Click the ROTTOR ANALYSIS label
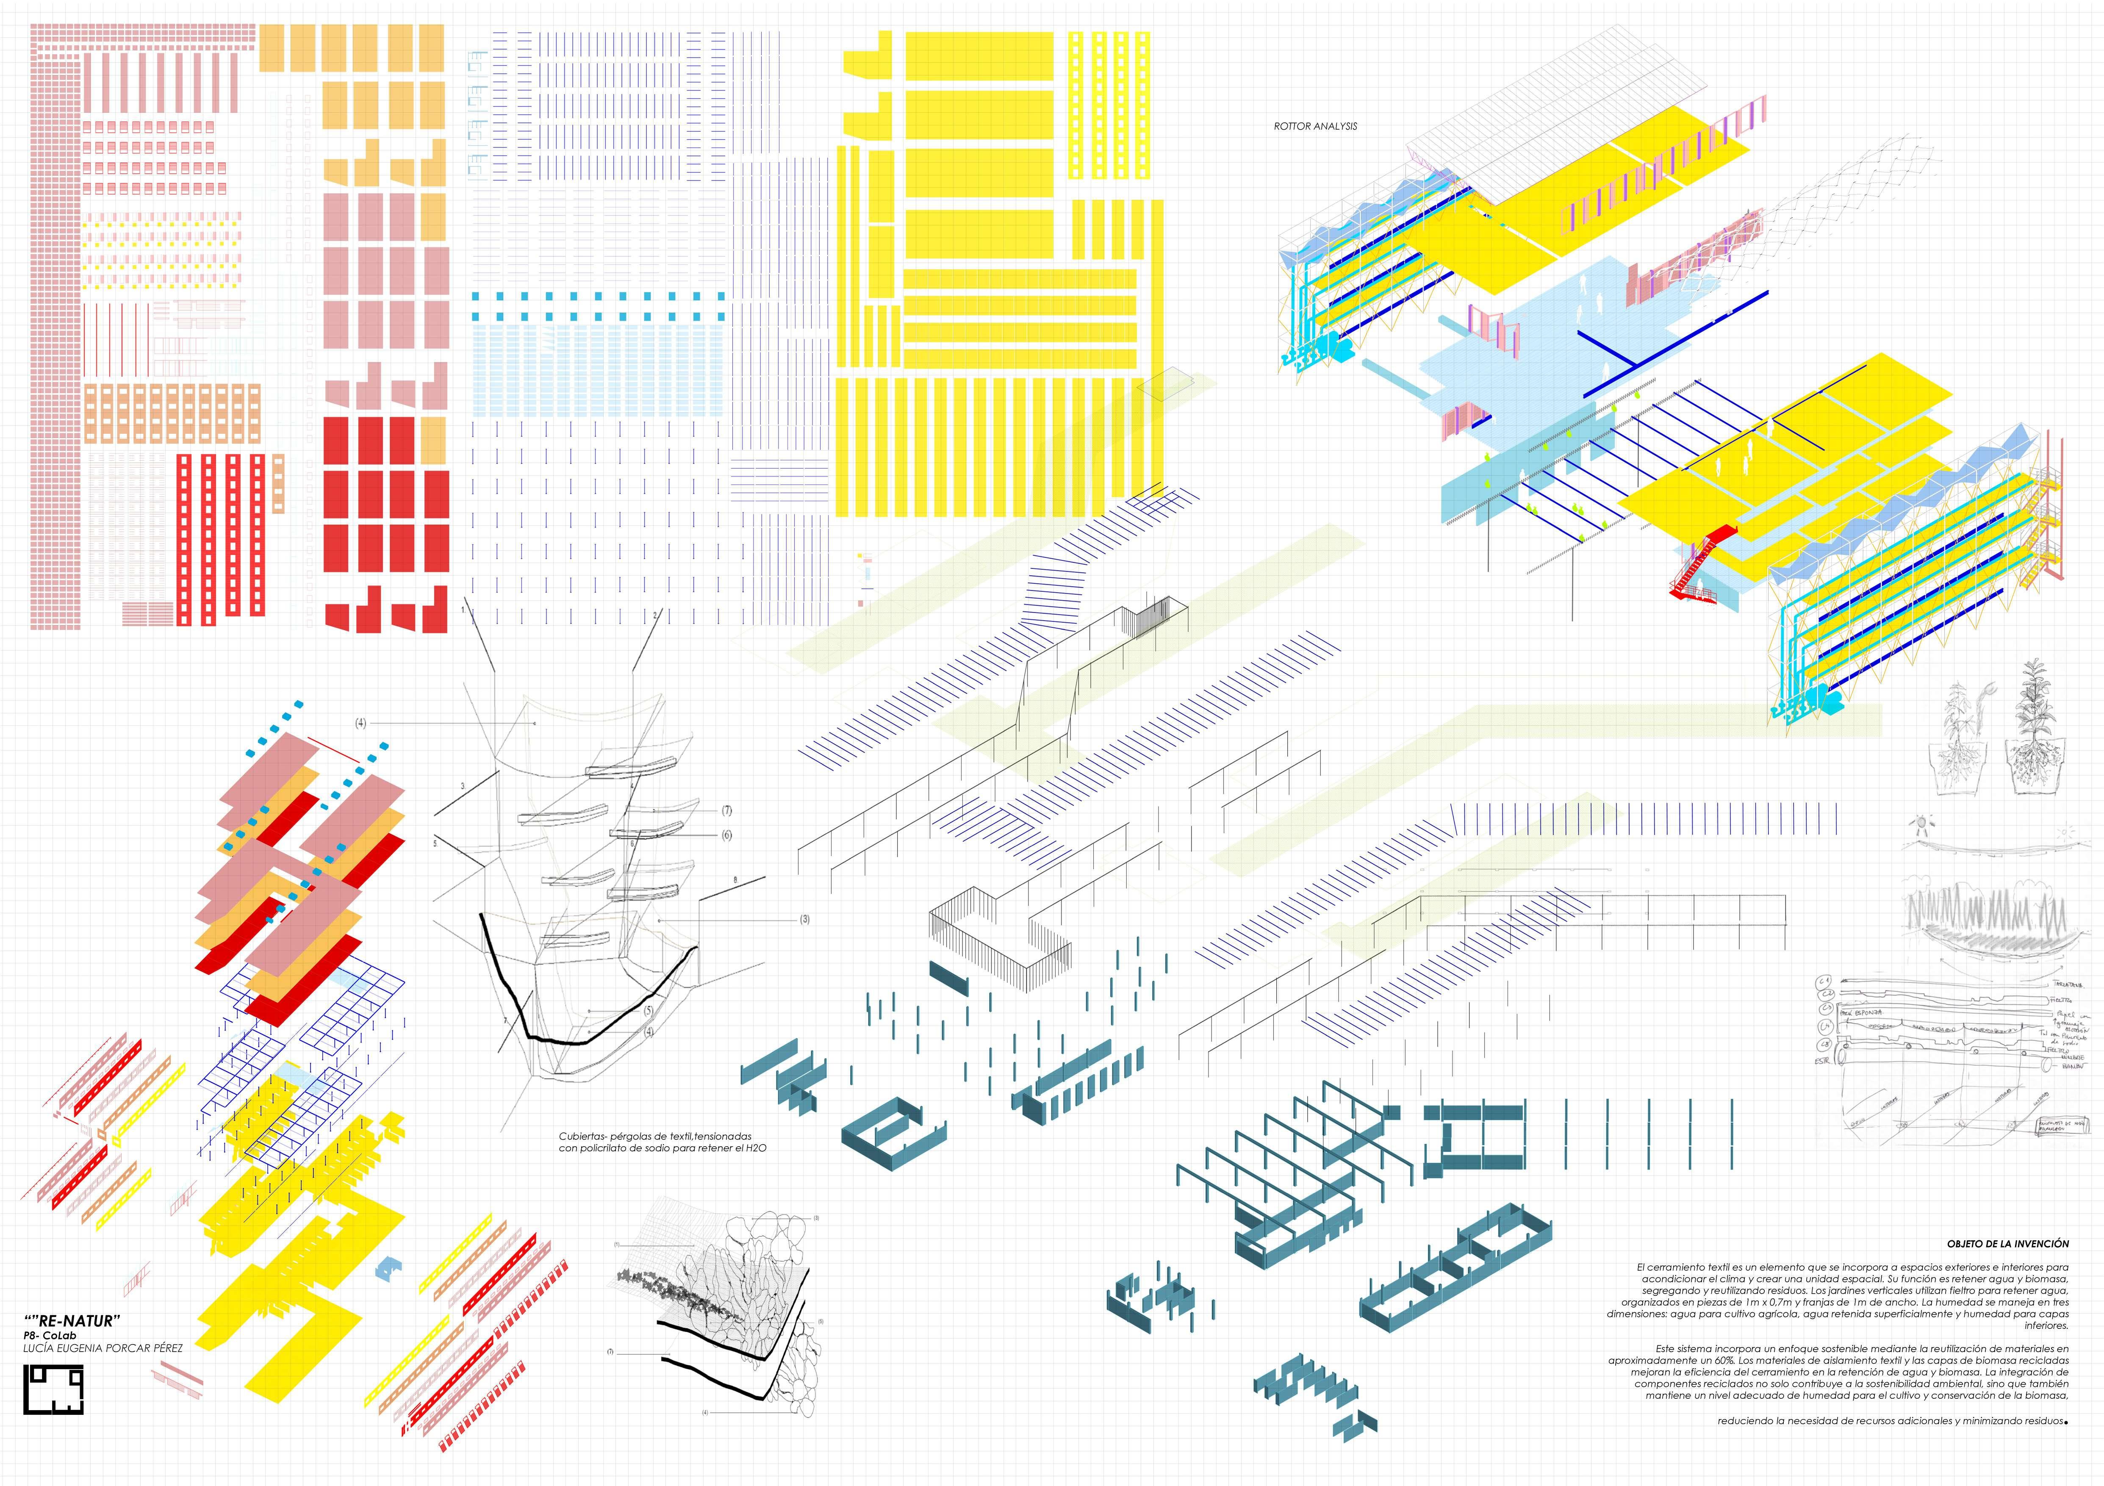(x=1315, y=126)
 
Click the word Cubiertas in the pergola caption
(x=583, y=1136)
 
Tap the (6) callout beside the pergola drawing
(x=727, y=835)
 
